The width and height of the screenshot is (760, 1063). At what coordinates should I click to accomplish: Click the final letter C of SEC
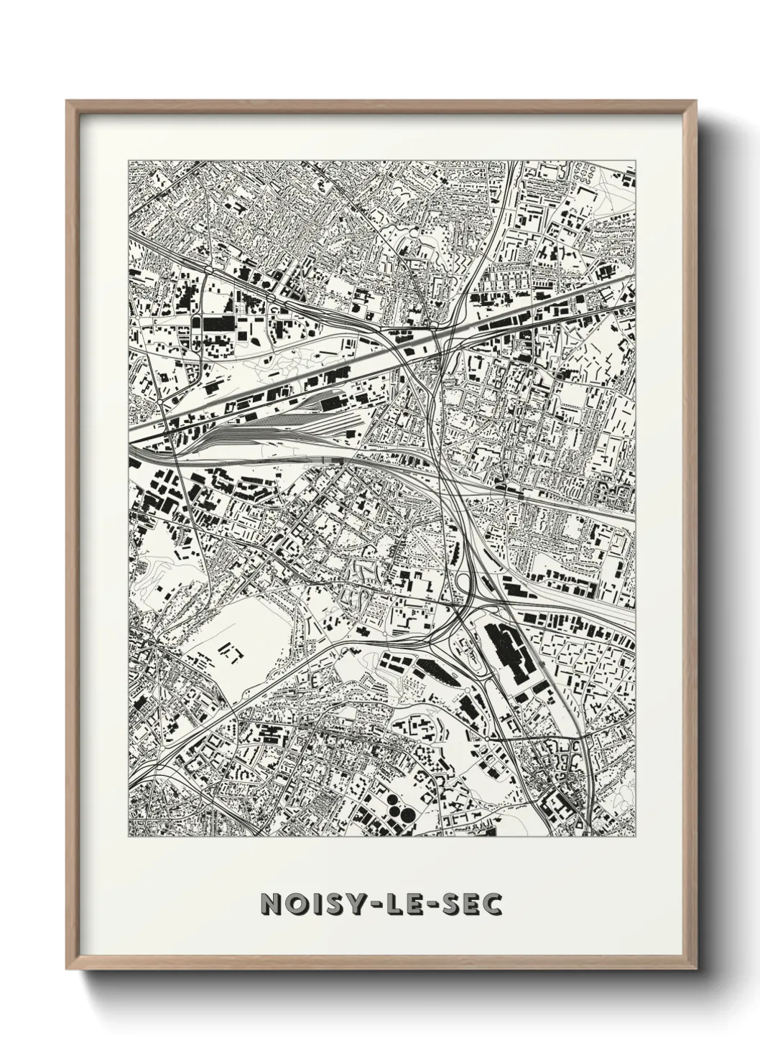[491, 904]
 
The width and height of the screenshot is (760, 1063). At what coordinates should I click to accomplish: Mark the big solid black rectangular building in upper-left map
[218, 324]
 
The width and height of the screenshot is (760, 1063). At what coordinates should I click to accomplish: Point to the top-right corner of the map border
[636, 161]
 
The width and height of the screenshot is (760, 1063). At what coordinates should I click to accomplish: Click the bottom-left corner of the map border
[129, 837]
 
